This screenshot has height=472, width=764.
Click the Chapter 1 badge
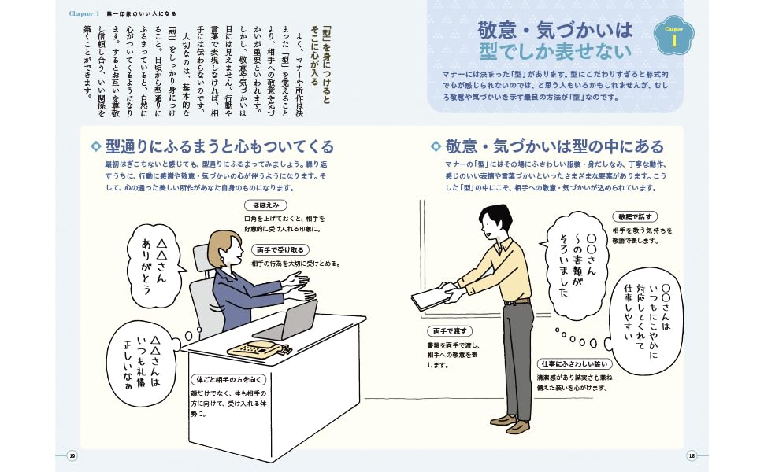[674, 39]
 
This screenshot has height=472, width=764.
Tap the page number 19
[72, 455]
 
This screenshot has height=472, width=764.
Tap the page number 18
[692, 455]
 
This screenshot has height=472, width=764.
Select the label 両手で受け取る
[280, 250]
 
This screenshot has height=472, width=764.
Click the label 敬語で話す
[634, 216]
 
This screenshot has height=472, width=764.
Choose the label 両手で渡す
[448, 331]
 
